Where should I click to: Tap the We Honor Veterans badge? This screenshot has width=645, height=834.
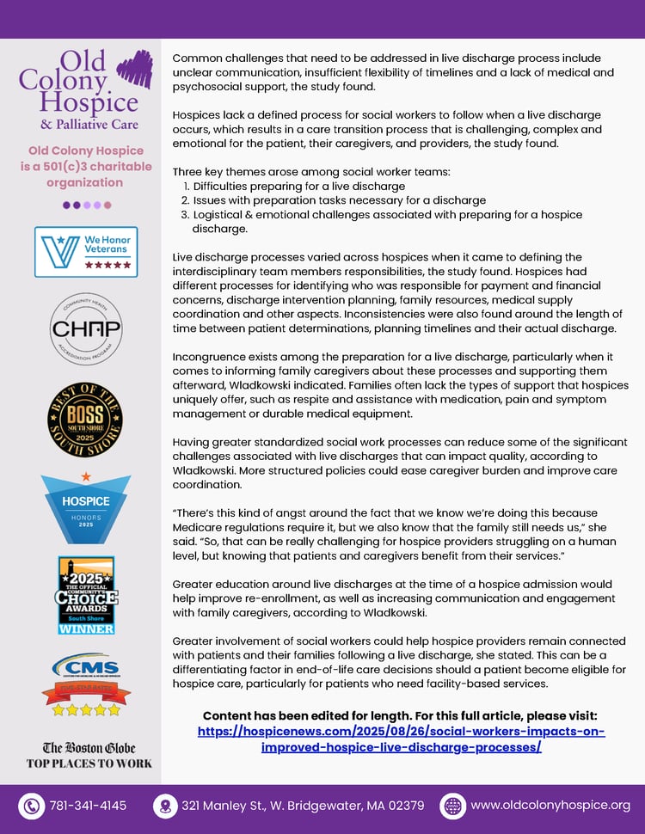(86, 252)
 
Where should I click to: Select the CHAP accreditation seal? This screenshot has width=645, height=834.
(86, 329)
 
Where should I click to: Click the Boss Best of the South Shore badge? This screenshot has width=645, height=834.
(85, 420)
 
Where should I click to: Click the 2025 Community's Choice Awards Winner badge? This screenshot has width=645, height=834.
(86, 594)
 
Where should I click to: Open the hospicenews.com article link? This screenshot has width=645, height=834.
(401, 739)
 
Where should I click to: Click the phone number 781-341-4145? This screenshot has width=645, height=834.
(88, 806)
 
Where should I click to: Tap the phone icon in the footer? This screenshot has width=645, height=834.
(32, 806)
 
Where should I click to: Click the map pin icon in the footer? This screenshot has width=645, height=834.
(163, 806)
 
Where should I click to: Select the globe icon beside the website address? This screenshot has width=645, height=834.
(452, 806)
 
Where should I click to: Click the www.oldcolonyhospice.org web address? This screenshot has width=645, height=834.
(550, 806)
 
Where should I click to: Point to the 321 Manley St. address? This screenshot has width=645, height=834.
(302, 806)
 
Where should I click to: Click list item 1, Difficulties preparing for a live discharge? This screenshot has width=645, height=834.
(298, 186)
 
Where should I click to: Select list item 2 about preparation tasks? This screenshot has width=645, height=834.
(339, 200)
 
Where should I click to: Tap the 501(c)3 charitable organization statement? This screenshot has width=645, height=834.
(86, 166)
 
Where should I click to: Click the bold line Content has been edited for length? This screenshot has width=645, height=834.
(400, 716)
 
